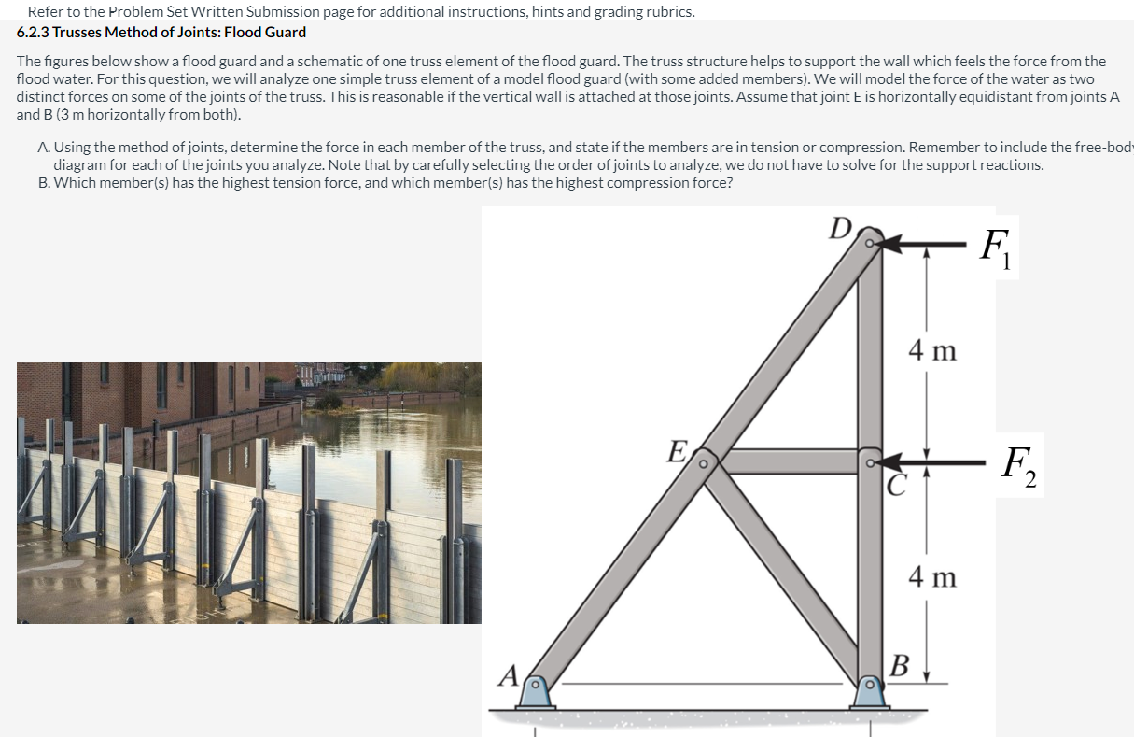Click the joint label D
pyautogui.click(x=841, y=228)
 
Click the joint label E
pyautogui.click(x=678, y=451)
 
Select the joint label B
pyautogui.click(x=900, y=666)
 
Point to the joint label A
pyautogui.click(x=509, y=673)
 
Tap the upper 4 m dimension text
pyautogui.click(x=931, y=351)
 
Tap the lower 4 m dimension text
pyautogui.click(x=931, y=577)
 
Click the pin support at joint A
pyautogui.click(x=534, y=692)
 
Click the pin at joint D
pyautogui.click(x=870, y=243)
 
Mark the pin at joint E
pyautogui.click(x=705, y=461)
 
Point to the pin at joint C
pyautogui.click(x=870, y=461)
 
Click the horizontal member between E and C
pyautogui.click(x=789, y=461)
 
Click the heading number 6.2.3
pyautogui.click(x=35, y=32)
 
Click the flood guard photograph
pyautogui.click(x=248, y=492)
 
